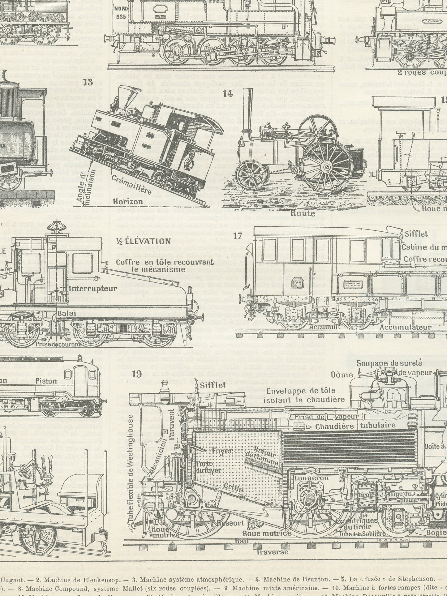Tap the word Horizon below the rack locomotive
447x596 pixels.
(127, 202)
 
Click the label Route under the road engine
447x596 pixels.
(303, 213)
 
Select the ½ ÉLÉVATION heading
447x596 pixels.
(144, 241)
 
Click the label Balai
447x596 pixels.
(67, 313)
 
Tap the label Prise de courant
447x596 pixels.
(58, 344)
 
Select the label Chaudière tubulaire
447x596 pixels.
(355, 426)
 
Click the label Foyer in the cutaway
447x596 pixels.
(222, 451)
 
